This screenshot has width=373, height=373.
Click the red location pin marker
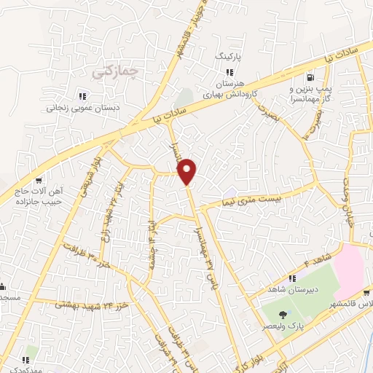pyautogui.click(x=188, y=170)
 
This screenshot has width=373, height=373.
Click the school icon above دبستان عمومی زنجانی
pyautogui.click(x=83, y=95)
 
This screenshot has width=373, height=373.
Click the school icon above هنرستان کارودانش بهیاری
pyautogui.click(x=229, y=73)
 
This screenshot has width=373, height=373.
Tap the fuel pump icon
pyautogui.click(x=312, y=77)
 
